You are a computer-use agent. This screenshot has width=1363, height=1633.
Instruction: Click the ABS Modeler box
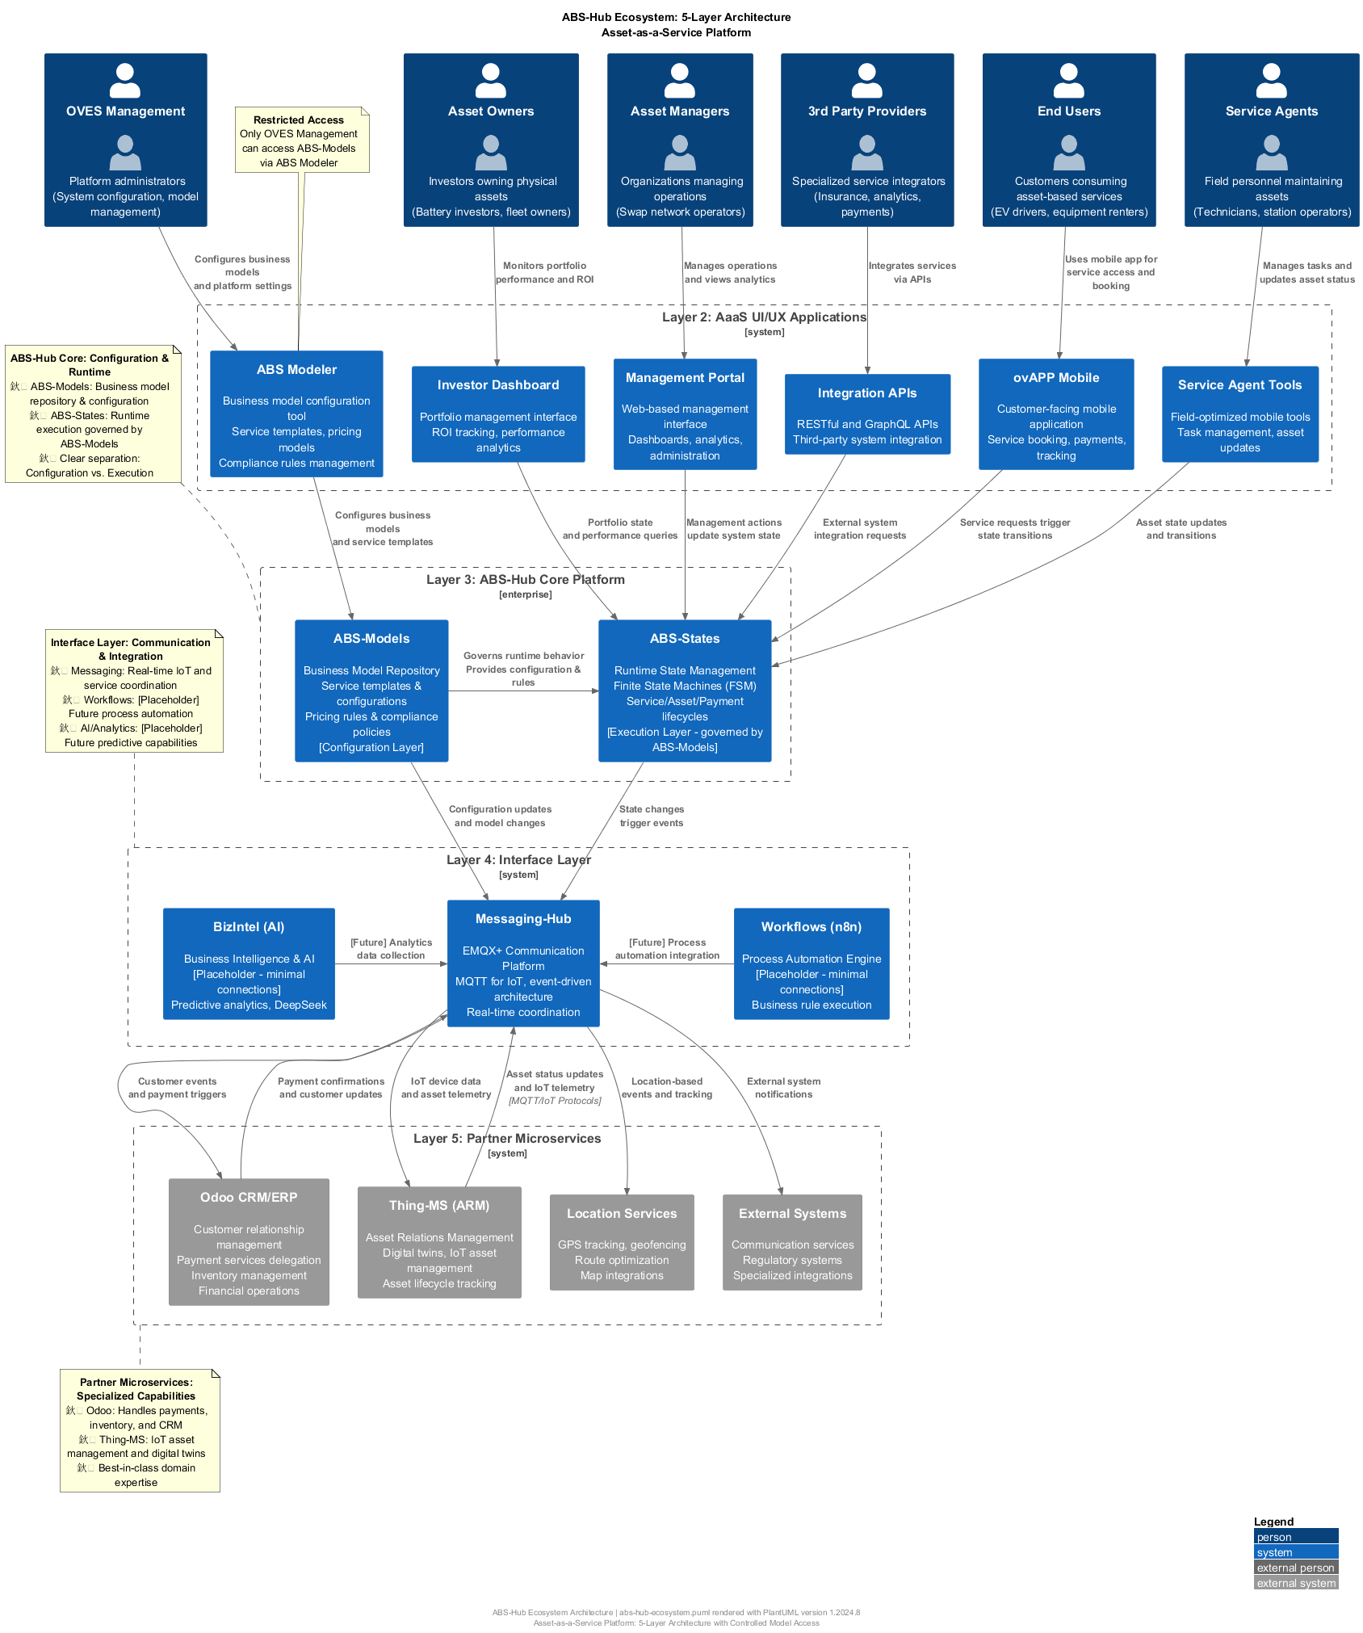pos(296,413)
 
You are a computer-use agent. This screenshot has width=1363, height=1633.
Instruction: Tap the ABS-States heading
pos(685,639)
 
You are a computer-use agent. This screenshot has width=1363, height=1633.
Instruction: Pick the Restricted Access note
pos(301,140)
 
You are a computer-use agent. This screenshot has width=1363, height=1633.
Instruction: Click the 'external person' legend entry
pos(1295,1568)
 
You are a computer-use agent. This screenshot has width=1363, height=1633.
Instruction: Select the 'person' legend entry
pos(1295,1537)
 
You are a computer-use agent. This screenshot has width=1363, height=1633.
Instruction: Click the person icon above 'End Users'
pos(1068,80)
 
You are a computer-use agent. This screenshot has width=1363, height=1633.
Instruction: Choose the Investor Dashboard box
pos(498,414)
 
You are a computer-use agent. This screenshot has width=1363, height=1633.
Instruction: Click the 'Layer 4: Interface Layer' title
pos(518,860)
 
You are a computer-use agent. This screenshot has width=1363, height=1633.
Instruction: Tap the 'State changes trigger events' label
pos(652,816)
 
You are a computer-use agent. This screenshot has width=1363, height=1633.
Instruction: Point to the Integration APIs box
pos(867,414)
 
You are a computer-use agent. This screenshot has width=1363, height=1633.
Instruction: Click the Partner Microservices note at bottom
pos(140,1430)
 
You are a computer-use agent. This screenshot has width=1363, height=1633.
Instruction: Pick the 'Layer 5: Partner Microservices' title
pos(507,1139)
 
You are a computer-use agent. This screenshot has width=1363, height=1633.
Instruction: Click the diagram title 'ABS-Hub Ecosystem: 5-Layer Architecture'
pos(677,17)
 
